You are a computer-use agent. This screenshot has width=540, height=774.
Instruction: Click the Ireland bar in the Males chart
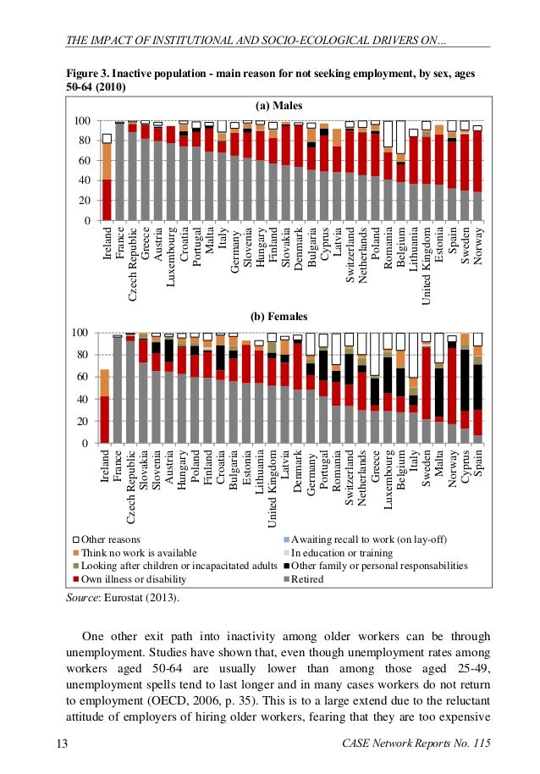tap(107, 178)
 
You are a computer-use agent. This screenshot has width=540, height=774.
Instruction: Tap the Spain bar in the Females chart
tap(477, 390)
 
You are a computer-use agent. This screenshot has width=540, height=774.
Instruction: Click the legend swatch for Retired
tap(285, 580)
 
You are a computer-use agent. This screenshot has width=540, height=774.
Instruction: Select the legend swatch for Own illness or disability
tap(74, 580)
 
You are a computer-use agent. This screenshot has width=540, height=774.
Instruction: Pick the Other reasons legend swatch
tap(74, 539)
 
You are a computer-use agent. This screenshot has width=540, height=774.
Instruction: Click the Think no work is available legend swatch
tap(74, 552)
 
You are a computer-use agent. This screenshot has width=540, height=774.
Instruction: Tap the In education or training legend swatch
tap(285, 552)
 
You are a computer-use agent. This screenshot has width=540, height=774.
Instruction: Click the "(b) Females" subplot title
tap(278, 317)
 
